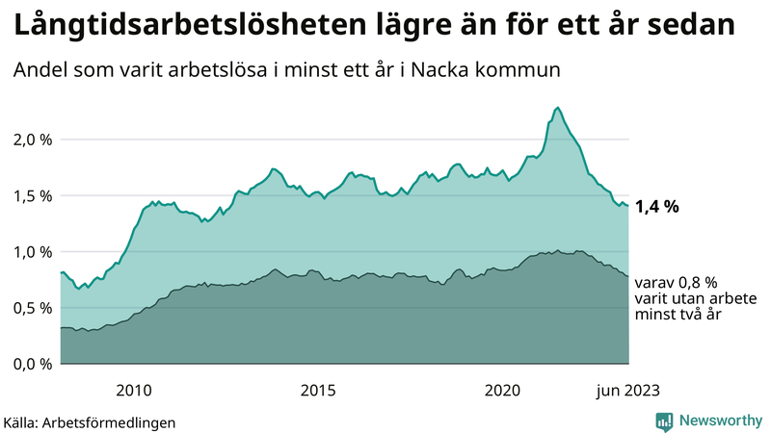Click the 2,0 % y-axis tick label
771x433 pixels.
tap(31, 140)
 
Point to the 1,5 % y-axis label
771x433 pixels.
tap(31, 195)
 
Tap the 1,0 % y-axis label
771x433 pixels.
tap(31, 252)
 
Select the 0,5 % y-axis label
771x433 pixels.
tap(31, 308)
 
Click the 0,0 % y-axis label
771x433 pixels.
tap(31, 364)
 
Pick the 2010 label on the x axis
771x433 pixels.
tap(134, 390)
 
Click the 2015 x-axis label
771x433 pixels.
tap(318, 390)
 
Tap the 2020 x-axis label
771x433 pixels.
tap(502, 390)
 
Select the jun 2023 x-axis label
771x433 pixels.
tap(627, 390)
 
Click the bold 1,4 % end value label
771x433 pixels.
tap(657, 205)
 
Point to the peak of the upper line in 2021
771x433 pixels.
tap(558, 108)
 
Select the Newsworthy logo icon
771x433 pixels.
tap(664, 420)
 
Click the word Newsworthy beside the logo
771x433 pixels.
tap(720, 420)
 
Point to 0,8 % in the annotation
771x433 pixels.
tap(697, 283)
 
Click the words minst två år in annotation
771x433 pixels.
tap(679, 314)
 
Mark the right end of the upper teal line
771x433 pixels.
tap(628, 205)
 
